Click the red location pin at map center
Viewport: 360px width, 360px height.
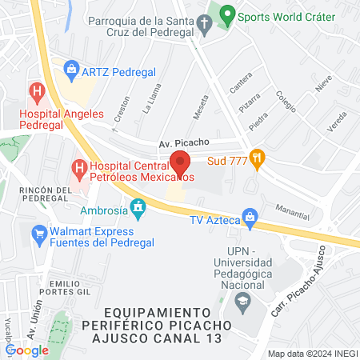click(x=181, y=162)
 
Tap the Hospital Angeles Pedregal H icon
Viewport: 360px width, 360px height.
click(x=35, y=90)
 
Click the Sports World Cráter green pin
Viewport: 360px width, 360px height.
click(x=227, y=14)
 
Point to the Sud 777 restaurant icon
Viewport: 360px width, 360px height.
click(x=256, y=157)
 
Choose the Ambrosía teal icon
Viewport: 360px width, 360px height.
click(x=138, y=207)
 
